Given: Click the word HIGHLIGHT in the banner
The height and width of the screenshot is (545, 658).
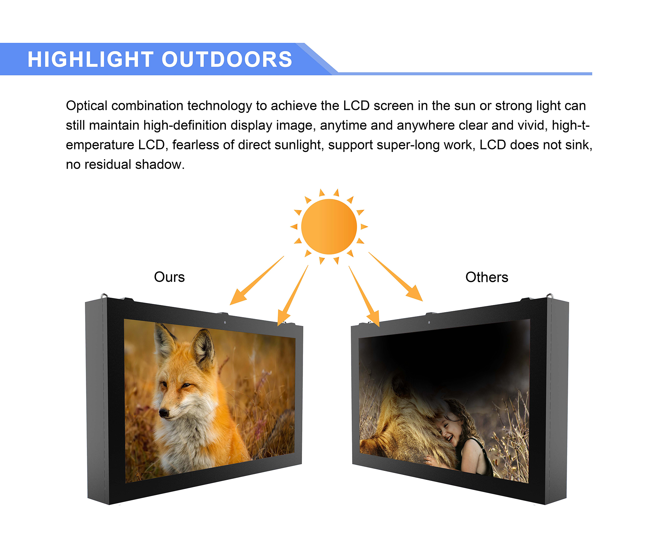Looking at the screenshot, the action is tap(90, 60).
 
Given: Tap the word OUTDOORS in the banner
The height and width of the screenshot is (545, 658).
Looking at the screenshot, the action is tap(227, 60).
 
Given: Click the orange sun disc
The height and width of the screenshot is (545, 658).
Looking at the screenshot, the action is tap(329, 227).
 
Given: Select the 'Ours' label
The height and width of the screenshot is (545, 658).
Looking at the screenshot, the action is tap(169, 277).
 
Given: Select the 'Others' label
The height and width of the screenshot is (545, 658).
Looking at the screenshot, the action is tap(487, 277).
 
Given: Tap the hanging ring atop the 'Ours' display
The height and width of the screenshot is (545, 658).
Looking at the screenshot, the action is tap(104, 296).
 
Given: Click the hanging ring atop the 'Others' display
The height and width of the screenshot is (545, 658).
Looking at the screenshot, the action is tap(549, 296).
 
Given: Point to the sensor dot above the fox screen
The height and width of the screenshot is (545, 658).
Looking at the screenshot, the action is tap(225, 322).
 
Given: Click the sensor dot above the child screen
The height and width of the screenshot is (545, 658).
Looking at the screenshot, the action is tap(429, 322).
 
